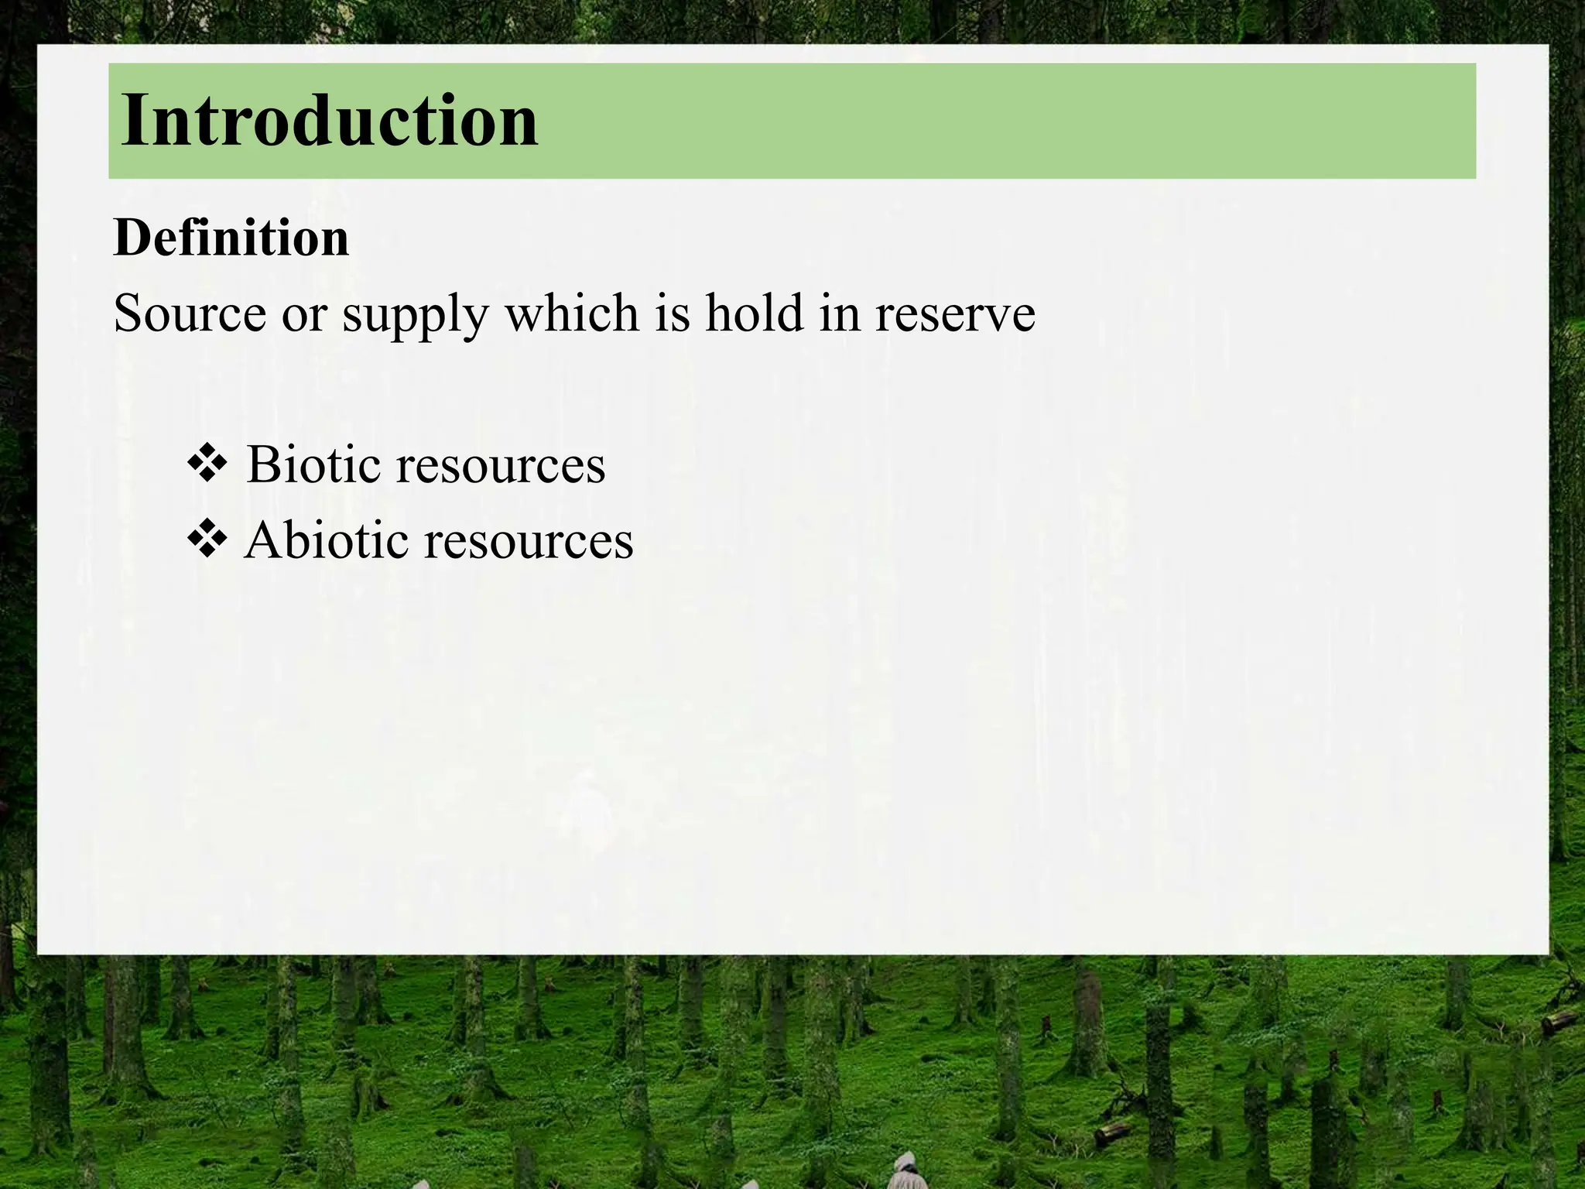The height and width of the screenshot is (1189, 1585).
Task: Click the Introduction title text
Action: tap(329, 121)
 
